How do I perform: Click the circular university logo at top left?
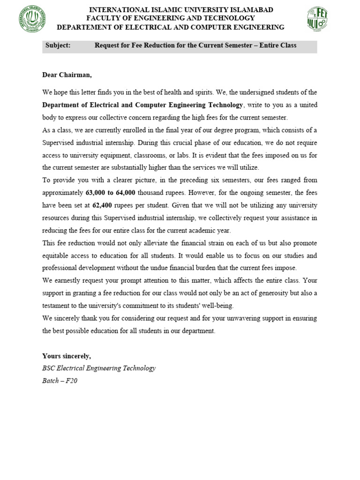tap(33, 20)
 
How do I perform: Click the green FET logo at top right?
tap(318, 19)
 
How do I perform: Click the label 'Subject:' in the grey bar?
tap(58, 46)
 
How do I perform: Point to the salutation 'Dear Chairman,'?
tap(64, 75)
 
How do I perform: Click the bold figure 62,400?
tap(102, 205)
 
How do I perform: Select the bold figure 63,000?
tap(96, 192)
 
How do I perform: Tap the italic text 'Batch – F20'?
tap(60, 381)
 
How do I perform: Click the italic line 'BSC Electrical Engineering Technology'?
tap(99, 368)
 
